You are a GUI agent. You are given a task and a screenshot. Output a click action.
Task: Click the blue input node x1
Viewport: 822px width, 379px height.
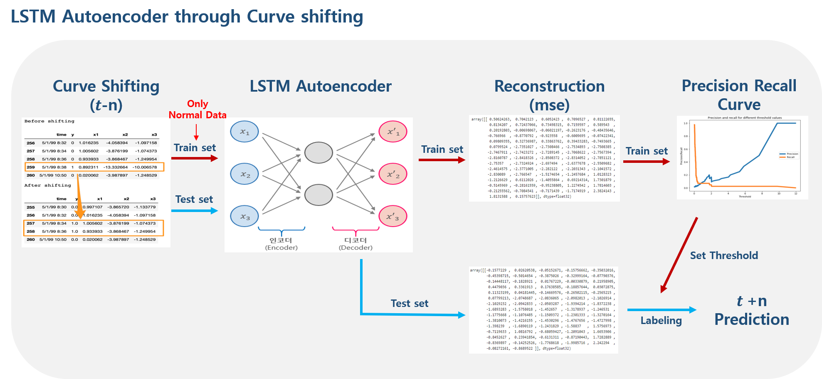(x=244, y=132)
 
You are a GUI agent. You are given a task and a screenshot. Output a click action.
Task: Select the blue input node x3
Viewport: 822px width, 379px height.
(x=244, y=216)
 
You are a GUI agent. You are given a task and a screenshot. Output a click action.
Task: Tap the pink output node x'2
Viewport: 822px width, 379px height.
(x=393, y=174)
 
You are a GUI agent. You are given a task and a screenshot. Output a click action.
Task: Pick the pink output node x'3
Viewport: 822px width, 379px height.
(x=393, y=216)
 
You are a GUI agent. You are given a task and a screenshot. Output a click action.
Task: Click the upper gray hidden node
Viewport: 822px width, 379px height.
(x=318, y=152)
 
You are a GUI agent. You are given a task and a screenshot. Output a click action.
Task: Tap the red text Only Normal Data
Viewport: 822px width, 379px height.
(x=197, y=109)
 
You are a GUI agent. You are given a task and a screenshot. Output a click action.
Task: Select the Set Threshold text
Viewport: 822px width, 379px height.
(x=724, y=255)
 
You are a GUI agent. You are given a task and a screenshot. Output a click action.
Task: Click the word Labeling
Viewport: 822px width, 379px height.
(x=661, y=320)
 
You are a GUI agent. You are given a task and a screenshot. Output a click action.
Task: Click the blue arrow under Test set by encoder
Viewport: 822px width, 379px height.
(x=194, y=211)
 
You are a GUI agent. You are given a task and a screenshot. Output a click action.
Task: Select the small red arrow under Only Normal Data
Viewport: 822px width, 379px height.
(x=196, y=132)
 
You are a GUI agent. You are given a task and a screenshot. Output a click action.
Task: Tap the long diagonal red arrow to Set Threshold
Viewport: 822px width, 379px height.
(x=679, y=255)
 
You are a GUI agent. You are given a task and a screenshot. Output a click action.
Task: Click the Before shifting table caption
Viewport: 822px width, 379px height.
(x=49, y=121)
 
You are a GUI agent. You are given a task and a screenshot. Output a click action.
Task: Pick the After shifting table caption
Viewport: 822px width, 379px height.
(x=47, y=185)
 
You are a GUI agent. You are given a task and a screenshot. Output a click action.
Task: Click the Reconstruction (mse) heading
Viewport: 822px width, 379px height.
(x=549, y=95)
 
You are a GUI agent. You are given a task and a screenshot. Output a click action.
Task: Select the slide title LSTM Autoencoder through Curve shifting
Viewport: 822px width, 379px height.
(x=187, y=17)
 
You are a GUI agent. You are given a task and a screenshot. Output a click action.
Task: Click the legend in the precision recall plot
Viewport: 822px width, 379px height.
(x=788, y=155)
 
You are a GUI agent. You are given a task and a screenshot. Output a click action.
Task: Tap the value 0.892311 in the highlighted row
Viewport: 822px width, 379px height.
(x=89, y=167)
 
